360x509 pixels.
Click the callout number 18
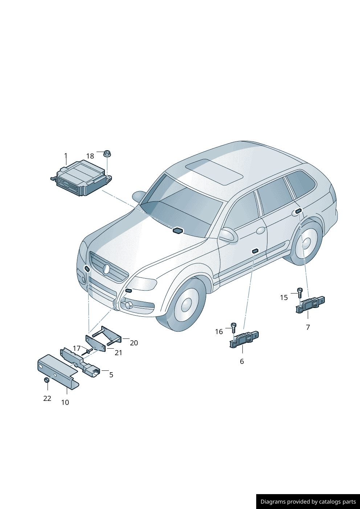pos(90,156)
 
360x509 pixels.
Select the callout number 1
pos(66,156)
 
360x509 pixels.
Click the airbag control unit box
pos(81,178)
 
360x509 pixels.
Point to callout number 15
pos(284,297)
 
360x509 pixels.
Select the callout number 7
pos(308,327)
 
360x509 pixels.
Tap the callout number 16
pos(219,332)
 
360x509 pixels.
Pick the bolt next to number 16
pos(234,327)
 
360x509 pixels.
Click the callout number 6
pos(242,361)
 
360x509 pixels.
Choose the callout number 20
pos(134,343)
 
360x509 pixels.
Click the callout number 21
pos(118,353)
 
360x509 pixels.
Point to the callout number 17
pos(77,348)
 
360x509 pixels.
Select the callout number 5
pos(111,375)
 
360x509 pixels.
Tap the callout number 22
pos(47,398)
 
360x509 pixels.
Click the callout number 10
pos(65,402)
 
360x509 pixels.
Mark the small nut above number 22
pos(46,380)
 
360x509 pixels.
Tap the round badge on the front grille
pos(106,269)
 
